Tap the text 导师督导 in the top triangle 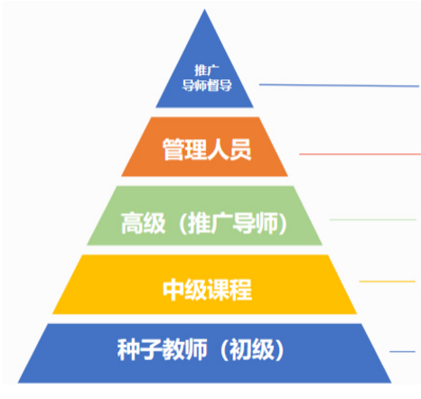coord(207,85)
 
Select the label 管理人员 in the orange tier coord(207,149)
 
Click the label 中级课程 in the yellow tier coord(207,290)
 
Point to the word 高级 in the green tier coord(144,223)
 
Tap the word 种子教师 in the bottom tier coord(163,349)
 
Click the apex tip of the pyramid coord(204,9)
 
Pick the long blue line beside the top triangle coord(339,86)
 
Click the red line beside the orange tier coord(360,154)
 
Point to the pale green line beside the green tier coord(373,219)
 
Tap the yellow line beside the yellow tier coord(388,282)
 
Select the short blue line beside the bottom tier coord(402,351)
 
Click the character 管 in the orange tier coord(173,149)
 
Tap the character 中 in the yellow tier coord(173,290)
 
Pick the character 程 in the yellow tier coord(241,290)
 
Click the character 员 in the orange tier coord(240,149)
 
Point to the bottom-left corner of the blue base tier coord(18,383)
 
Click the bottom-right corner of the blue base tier coord(391,383)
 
